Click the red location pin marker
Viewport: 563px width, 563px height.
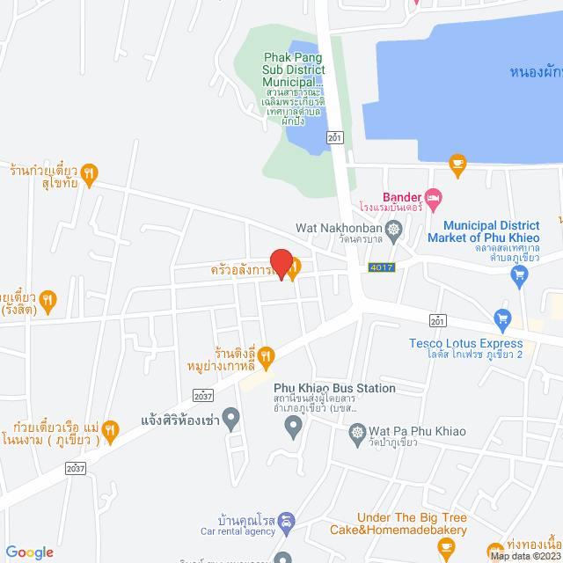click(x=281, y=264)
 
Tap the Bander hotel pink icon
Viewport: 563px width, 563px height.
click(x=431, y=195)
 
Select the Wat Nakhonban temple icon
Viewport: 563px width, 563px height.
click(x=393, y=229)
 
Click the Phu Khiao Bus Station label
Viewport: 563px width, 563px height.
click(x=334, y=388)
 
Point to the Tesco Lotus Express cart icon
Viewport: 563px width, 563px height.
click(x=502, y=317)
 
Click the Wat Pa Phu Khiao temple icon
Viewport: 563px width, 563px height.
click(x=356, y=432)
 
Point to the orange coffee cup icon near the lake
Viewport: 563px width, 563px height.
click(x=457, y=162)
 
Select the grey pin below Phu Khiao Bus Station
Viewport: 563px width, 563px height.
click(x=295, y=427)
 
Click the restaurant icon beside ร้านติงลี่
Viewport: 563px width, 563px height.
click(x=267, y=355)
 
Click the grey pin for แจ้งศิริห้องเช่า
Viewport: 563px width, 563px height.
click(x=232, y=418)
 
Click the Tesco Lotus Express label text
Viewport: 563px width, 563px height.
click(x=465, y=343)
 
